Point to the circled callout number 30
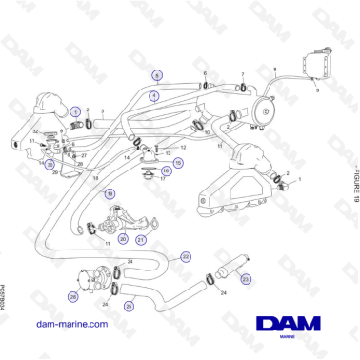pos(50,163)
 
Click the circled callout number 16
pos(167,173)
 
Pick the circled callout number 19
pos(110,193)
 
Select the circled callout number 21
pos(141,240)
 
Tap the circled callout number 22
pos(186,256)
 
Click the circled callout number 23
pos(246,278)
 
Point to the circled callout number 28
pos(72,295)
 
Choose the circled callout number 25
pos(130,306)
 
